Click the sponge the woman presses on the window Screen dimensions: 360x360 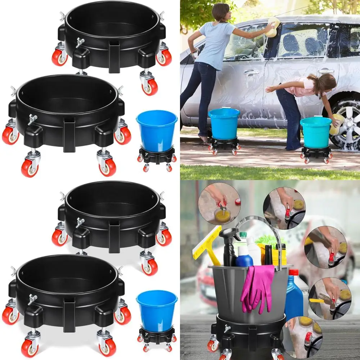(274, 27)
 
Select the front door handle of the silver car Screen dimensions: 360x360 (251, 72)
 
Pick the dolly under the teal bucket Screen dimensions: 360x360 (316, 153)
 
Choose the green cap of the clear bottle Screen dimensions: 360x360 (244, 235)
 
